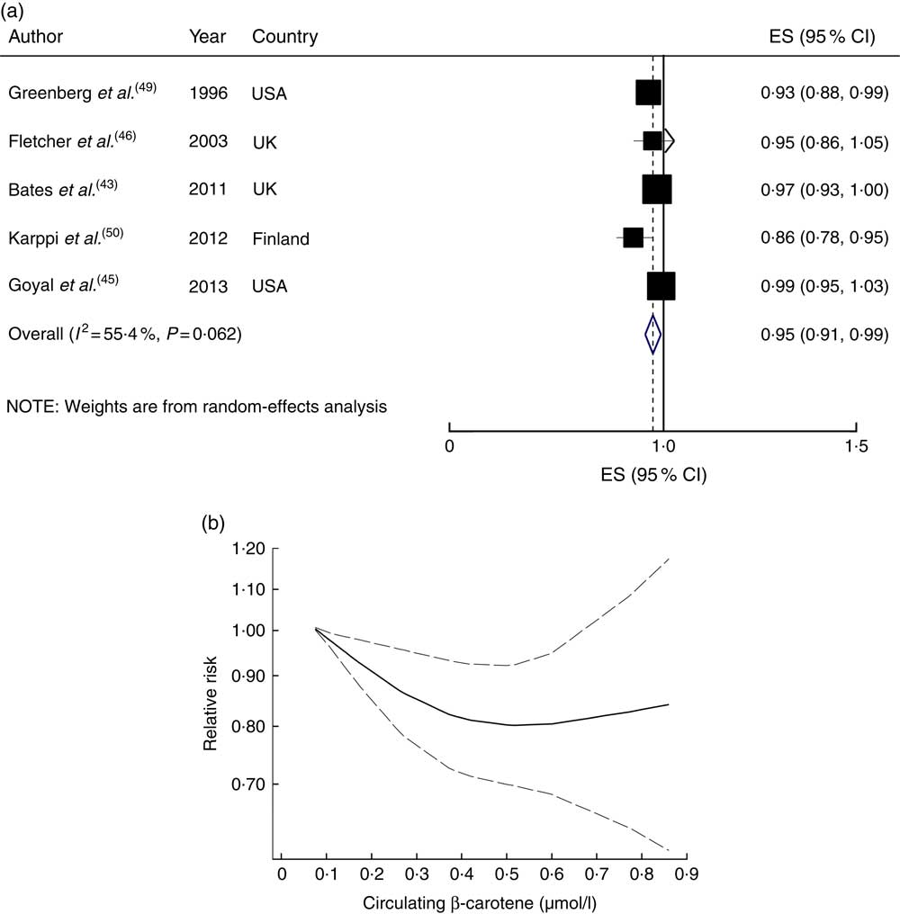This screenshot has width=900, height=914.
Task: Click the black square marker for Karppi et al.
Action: [x=633, y=237]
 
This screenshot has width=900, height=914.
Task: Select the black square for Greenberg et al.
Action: [x=648, y=93]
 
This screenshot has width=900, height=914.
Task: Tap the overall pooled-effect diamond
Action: [x=653, y=334]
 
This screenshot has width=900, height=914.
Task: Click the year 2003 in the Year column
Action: [x=208, y=141]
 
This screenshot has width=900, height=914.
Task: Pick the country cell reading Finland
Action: [x=281, y=239]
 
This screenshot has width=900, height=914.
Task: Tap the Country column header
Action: [x=284, y=38]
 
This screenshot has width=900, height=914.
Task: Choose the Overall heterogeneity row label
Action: [x=125, y=334]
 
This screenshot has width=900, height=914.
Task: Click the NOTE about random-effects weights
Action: [x=197, y=407]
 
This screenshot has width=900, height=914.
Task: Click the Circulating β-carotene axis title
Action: [x=478, y=901]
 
